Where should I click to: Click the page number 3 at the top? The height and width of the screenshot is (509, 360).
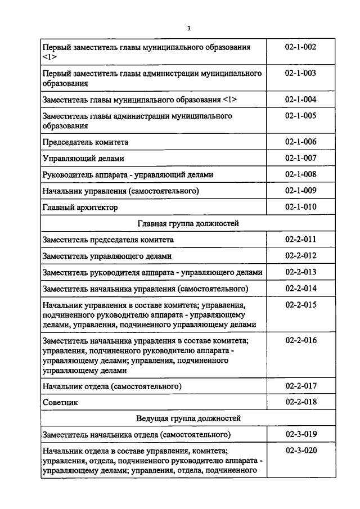pos(189,28)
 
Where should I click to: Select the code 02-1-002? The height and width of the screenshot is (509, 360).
pos(300,47)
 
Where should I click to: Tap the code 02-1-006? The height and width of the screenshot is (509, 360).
pos(300,142)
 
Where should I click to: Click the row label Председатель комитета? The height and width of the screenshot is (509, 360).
pos(85,142)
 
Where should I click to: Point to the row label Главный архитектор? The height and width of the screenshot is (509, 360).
pos(80,208)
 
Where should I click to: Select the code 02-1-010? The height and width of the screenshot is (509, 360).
pos(300,207)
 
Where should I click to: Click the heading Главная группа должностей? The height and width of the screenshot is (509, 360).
pos(188,223)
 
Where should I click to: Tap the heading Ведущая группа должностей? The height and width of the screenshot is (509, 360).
pos(188,418)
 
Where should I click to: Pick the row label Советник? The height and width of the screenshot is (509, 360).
pos(60,402)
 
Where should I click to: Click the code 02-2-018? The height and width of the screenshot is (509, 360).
pos(300,402)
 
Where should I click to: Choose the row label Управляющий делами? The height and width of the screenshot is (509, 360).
pos(83,159)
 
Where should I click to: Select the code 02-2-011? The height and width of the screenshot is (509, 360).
pos(300,240)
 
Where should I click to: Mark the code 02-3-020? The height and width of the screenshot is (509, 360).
pos(300,451)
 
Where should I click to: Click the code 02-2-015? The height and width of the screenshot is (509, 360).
pos(300,305)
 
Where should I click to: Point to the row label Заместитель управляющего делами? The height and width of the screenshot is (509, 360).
pos(107,256)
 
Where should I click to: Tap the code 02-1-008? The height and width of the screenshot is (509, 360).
pos(300,174)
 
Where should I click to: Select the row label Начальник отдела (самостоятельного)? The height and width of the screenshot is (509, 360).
pos(111,386)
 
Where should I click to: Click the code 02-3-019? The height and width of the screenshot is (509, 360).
pos(300,434)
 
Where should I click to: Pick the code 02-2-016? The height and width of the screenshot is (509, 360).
pos(300,340)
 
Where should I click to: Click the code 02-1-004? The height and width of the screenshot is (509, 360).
pos(300,100)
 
